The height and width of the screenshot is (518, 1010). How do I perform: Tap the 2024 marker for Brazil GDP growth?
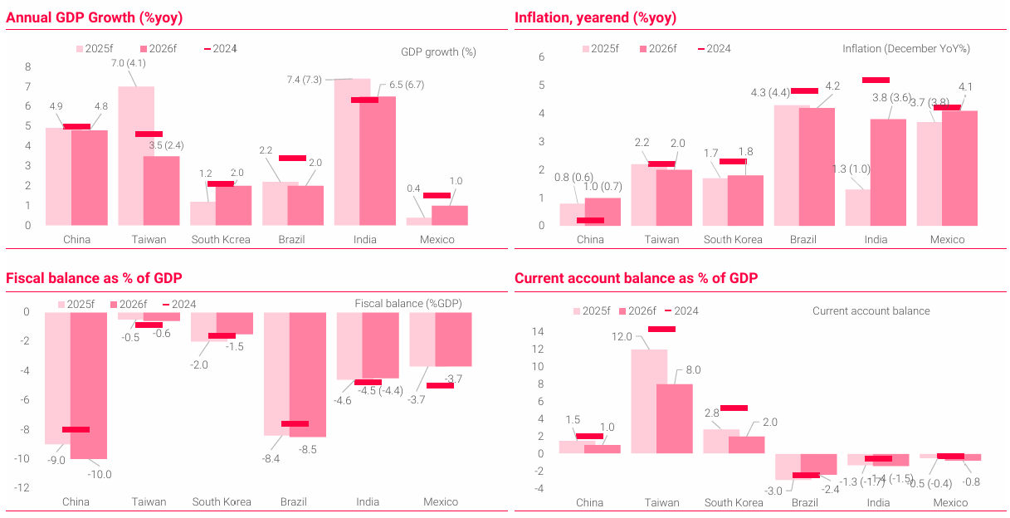pos(292,158)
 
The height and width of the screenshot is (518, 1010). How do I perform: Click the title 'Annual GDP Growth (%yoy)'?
pos(95,17)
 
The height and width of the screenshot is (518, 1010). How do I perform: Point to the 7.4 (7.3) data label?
pos(305,80)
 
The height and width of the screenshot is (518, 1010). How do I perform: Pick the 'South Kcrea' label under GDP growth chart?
pos(222,240)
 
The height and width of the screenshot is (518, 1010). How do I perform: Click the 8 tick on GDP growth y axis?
pos(27,67)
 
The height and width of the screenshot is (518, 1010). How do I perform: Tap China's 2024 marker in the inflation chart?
pos(590,220)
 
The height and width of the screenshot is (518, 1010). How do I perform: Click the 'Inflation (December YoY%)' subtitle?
pos(906,49)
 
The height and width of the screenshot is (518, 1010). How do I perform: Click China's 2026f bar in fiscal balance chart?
pos(89,385)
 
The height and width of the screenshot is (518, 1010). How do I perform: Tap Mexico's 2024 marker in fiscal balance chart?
pos(440,385)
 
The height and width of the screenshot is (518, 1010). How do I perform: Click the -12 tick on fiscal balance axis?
pos(25,488)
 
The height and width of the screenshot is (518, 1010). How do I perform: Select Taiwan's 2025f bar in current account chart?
pos(649,401)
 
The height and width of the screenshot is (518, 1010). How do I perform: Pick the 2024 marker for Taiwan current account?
pos(661,329)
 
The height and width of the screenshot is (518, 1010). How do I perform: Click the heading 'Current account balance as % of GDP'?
pos(636,278)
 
